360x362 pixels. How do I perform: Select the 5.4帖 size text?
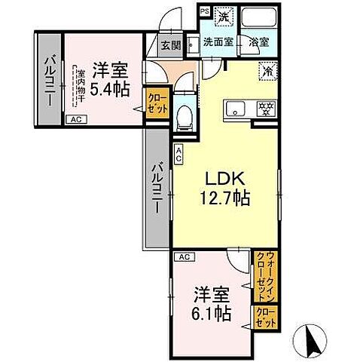coord(110,89)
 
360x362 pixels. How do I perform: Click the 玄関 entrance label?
coord(170,44)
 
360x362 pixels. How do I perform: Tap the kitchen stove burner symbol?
coord(265,107)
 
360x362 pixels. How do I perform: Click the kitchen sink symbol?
coord(236,107)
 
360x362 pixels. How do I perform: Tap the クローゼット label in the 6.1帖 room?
coord(265,317)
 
